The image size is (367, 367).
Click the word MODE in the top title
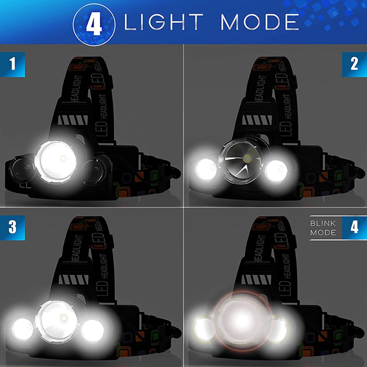259,23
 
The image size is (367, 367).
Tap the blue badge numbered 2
354,65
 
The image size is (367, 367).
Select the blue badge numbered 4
354,227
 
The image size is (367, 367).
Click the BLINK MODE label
323,228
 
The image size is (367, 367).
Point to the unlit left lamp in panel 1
22,169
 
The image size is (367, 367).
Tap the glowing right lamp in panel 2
276,170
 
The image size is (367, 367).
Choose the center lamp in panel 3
59,318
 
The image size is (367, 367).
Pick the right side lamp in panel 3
92,329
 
